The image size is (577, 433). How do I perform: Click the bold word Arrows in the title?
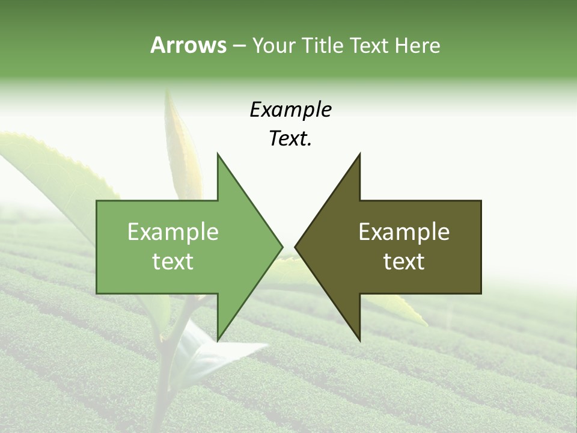tap(188, 46)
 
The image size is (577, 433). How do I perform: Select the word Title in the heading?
tap(322, 46)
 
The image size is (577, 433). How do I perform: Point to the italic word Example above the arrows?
tap(290, 110)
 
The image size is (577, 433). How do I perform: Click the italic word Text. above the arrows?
tap(290, 139)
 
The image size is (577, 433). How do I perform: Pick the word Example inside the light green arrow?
tap(173, 232)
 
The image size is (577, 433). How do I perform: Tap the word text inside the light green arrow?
tap(173, 262)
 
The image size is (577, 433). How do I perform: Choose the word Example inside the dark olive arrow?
tap(404, 232)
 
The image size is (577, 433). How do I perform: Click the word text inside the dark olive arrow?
tap(404, 262)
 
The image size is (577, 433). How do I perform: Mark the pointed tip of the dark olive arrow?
tap(296, 247)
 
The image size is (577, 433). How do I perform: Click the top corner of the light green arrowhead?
tap(218, 154)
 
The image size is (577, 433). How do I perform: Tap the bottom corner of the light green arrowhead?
tap(218, 340)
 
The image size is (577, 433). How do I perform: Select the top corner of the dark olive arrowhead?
tap(359, 154)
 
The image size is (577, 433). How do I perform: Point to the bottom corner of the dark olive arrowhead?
tap(359, 340)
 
